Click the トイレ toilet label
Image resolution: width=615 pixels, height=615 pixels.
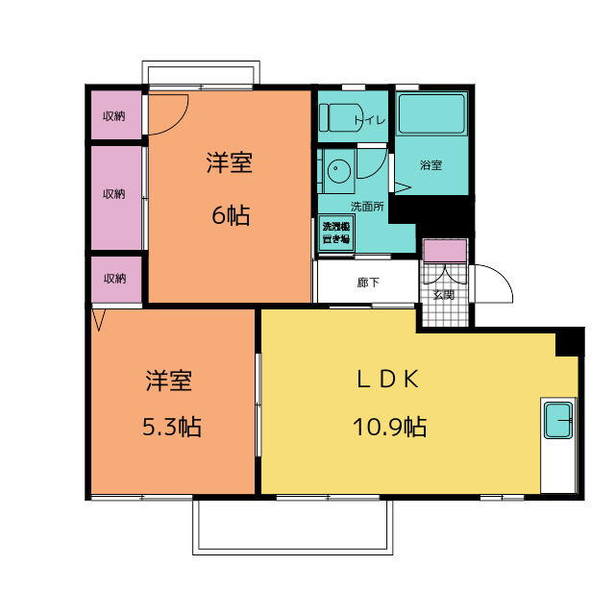pos(370,120)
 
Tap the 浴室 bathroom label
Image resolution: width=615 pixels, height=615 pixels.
pos(431,165)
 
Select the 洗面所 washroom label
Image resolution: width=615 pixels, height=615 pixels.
pos(367,207)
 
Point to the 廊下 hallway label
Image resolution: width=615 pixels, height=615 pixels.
pos(368,283)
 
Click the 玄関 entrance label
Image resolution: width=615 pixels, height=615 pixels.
pos(444,295)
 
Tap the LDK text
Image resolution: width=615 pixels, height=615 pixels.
pos(387,380)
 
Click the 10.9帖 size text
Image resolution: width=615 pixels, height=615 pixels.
pos(389,427)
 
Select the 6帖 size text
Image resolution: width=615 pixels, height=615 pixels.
pos(231,215)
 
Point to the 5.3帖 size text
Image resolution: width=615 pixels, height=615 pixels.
pos(171,427)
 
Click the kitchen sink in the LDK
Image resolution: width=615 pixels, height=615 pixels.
pos(558,421)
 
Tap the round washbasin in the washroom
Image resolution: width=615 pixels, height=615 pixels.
pos(339,171)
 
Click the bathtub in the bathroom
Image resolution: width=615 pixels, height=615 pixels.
pos(431,114)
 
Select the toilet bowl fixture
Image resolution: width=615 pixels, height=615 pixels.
pos(340,117)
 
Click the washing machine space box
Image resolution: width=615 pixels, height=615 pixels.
pos(336,233)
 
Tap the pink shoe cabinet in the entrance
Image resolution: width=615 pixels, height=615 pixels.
pos(446,251)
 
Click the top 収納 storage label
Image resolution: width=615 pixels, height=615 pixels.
pos(114,116)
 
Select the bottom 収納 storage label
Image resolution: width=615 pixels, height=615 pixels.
pos(115,279)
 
